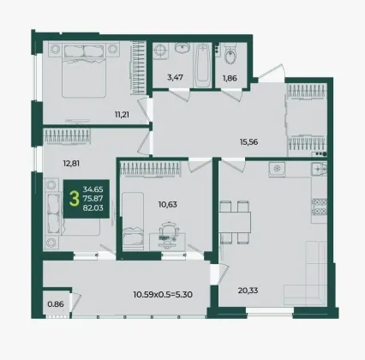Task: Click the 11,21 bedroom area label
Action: coord(122,115)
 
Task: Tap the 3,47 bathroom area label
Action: coord(175,77)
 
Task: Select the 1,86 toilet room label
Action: coord(230,78)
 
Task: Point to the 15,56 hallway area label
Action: coord(249,141)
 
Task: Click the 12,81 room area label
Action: coord(71,164)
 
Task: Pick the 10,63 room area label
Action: coord(168,204)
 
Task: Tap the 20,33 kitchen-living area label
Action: coord(248,291)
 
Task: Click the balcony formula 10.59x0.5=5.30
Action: coord(163,294)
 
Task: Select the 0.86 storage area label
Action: coord(56,304)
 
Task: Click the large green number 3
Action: coord(75,199)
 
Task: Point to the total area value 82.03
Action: coord(93,207)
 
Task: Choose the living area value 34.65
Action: coord(93,189)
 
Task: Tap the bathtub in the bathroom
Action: coord(202,65)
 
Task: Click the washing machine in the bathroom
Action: coord(160,51)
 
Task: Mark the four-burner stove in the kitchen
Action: coord(319,207)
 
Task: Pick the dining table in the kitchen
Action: coord(235,222)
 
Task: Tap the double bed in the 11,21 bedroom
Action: coord(84,69)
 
